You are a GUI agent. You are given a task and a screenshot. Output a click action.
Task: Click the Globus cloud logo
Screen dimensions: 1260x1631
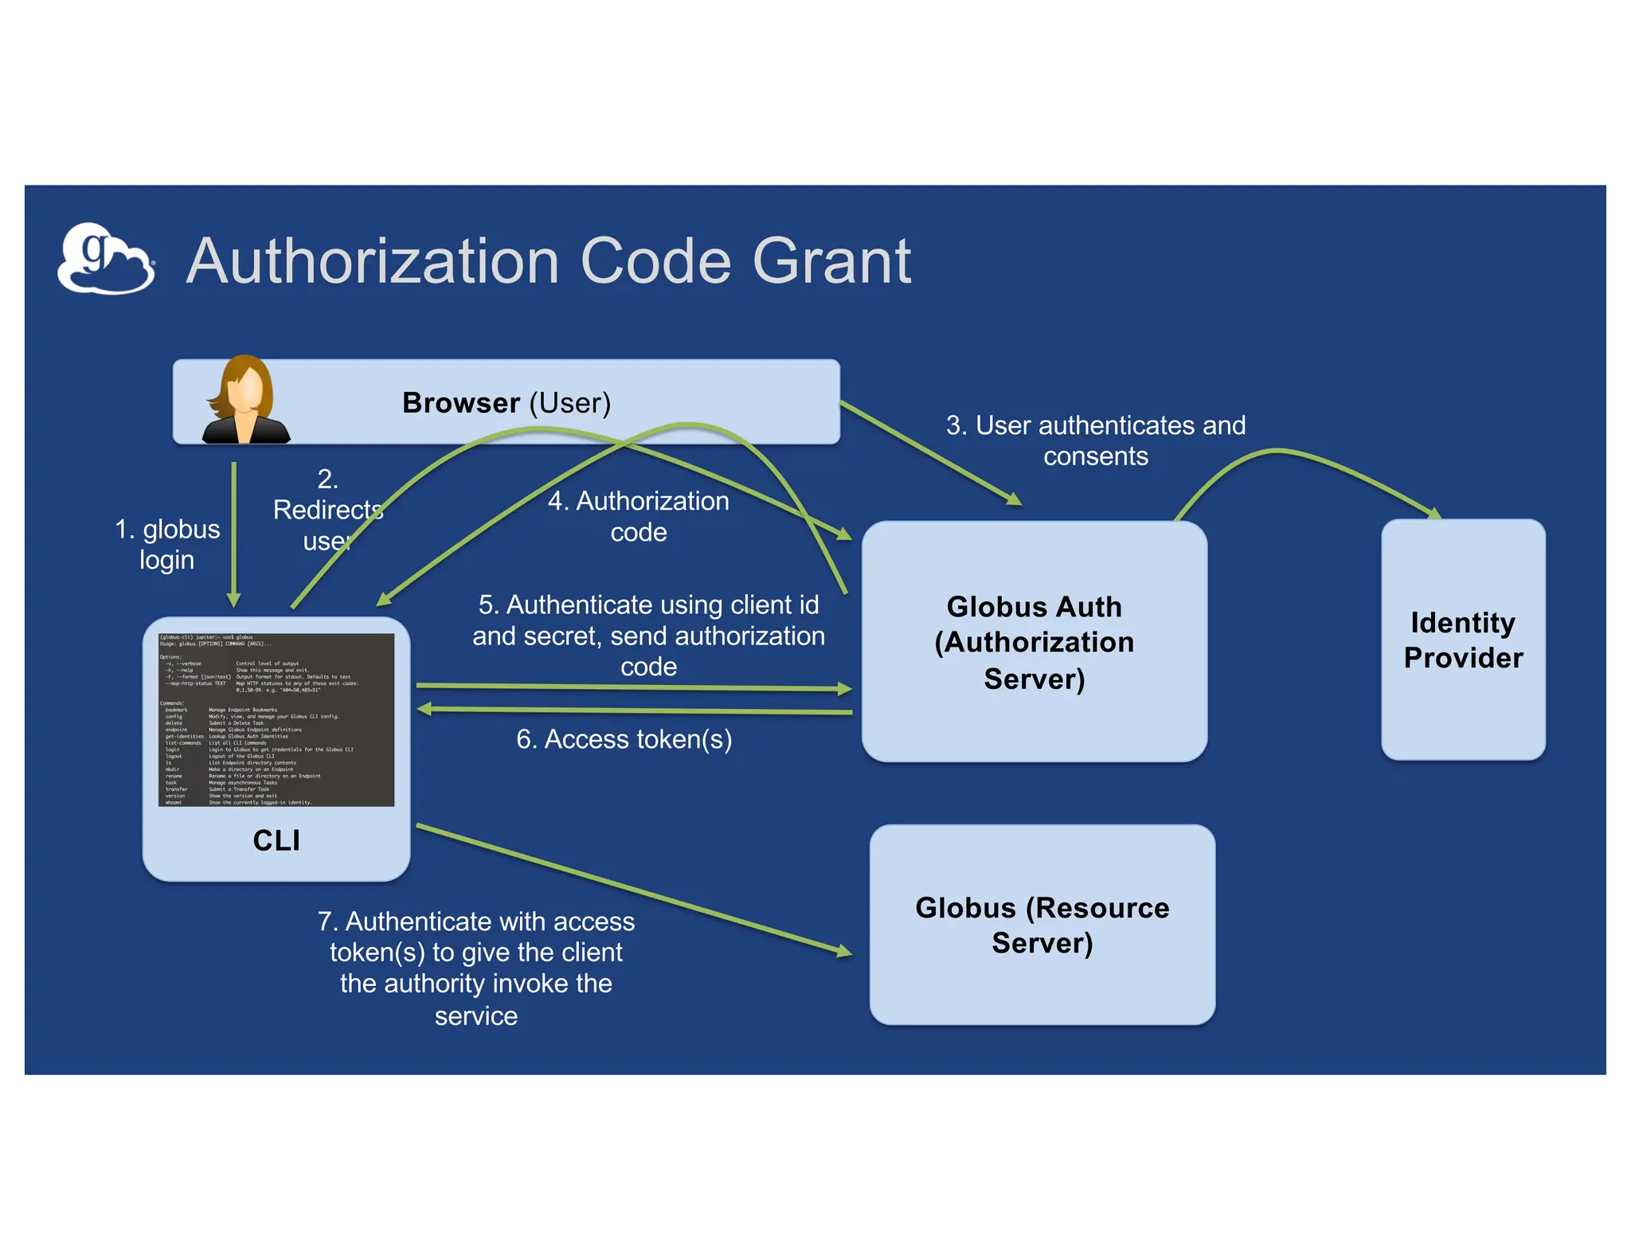tap(105, 260)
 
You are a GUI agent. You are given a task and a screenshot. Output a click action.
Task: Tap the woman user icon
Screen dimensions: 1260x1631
tap(244, 401)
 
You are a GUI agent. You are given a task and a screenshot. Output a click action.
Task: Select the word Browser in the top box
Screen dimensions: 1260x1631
tap(460, 403)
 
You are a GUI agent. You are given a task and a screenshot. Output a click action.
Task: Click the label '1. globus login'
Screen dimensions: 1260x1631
tap(166, 544)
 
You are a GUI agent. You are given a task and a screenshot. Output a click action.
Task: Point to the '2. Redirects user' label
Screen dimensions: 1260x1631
tap(327, 510)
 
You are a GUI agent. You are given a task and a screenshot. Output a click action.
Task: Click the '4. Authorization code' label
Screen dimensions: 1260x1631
tap(638, 516)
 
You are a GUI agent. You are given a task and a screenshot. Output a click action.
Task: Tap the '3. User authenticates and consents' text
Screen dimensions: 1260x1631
tap(1095, 440)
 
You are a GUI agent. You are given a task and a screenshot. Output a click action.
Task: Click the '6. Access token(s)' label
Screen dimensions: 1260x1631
tap(624, 739)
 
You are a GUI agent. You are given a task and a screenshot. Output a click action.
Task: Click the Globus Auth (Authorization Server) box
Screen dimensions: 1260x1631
tap(1034, 642)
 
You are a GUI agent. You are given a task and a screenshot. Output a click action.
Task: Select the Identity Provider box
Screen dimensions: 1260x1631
tap(1462, 640)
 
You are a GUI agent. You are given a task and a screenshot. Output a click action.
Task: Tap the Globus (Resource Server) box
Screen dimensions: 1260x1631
tap(1042, 925)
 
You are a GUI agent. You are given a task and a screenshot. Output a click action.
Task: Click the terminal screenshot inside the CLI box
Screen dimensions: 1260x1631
tap(276, 720)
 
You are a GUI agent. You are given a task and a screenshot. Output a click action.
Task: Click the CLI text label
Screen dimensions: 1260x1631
tap(276, 840)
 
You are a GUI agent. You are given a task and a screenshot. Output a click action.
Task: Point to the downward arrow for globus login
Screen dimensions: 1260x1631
tap(234, 534)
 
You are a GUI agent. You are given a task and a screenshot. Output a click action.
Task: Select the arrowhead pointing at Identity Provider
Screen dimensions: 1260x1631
tap(1433, 513)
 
